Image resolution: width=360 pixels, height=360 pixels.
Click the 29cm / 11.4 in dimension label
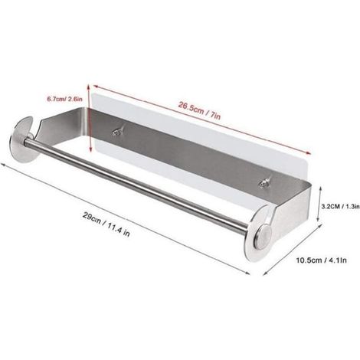pyautogui.click(x=106, y=225)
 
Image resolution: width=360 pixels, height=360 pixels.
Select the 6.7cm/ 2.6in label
pyautogui.click(x=64, y=99)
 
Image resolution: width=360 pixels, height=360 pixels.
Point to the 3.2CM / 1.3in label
pyautogui.click(x=340, y=206)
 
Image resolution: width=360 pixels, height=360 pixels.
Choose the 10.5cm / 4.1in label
pyautogui.click(x=321, y=260)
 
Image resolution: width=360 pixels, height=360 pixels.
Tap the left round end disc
pyautogui.click(x=23, y=141)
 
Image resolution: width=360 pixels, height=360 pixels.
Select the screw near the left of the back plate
pyautogui.click(x=118, y=132)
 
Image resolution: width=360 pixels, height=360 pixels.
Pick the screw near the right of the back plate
pyautogui.click(x=263, y=183)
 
